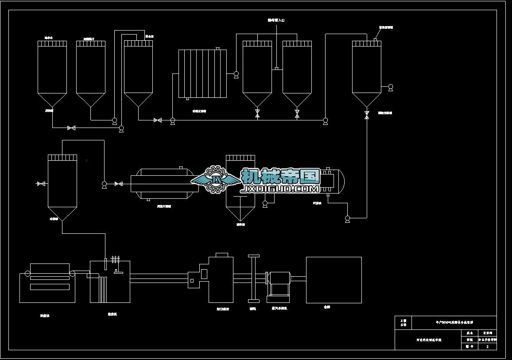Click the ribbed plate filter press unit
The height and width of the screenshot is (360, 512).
coord(202,74)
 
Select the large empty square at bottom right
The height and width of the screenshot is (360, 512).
coord(334,280)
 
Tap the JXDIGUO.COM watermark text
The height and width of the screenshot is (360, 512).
coord(279,189)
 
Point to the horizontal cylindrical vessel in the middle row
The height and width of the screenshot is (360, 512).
coord(162,183)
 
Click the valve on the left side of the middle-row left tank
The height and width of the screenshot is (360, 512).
coord(41,183)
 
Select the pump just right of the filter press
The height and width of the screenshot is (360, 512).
coord(236,75)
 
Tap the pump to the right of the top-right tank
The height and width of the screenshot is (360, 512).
coord(390,88)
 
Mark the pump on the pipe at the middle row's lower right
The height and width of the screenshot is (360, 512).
coord(347,218)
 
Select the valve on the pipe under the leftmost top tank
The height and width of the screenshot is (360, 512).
coord(71,128)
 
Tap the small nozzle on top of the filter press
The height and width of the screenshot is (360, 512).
coord(217,49)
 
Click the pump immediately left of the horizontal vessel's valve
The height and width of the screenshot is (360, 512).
coord(104,184)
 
